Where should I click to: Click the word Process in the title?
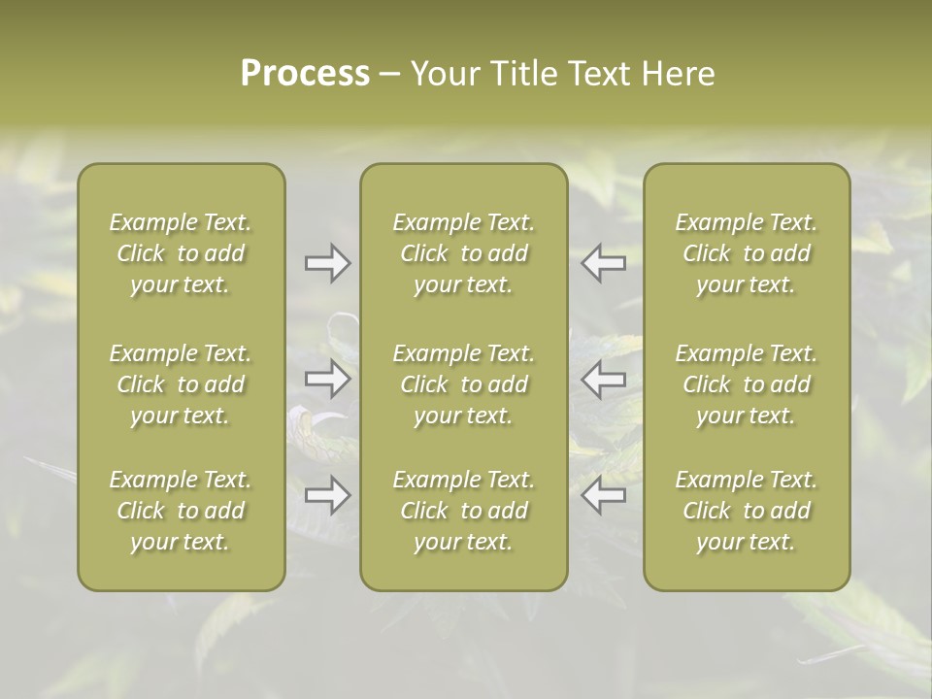[305, 73]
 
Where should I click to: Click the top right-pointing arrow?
[327, 263]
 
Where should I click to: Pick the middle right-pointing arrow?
[327, 379]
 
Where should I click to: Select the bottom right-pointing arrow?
[327, 495]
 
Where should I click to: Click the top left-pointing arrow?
[603, 263]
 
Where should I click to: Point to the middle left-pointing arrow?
[603, 379]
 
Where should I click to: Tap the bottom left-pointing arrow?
[603, 495]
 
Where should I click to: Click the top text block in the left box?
[181, 253]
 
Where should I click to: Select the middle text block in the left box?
[181, 384]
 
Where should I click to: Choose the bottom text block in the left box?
[181, 511]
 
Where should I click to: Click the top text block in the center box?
[463, 253]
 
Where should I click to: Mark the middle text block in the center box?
[463, 384]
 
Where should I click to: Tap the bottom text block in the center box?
[463, 511]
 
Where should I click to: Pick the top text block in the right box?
[746, 253]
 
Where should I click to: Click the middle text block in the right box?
[746, 384]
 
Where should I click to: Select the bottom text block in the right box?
[746, 511]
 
